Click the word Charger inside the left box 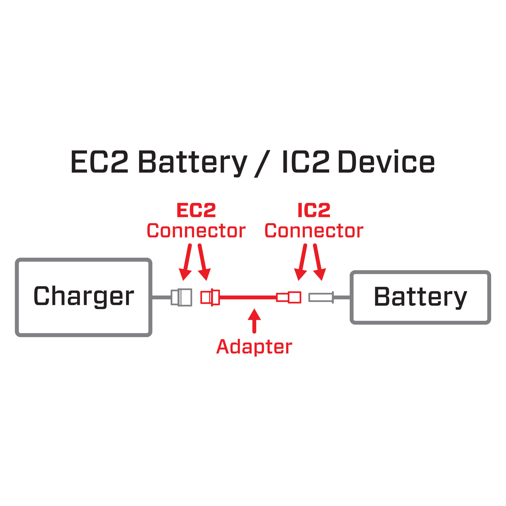[83, 296]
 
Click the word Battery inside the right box [420, 297]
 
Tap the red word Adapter [254, 347]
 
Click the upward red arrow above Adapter [254, 321]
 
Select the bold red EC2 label [196, 210]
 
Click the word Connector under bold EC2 [196, 231]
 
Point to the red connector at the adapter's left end [210, 297]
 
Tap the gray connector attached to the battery [321, 297]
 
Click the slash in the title [262, 164]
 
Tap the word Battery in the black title [193, 162]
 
